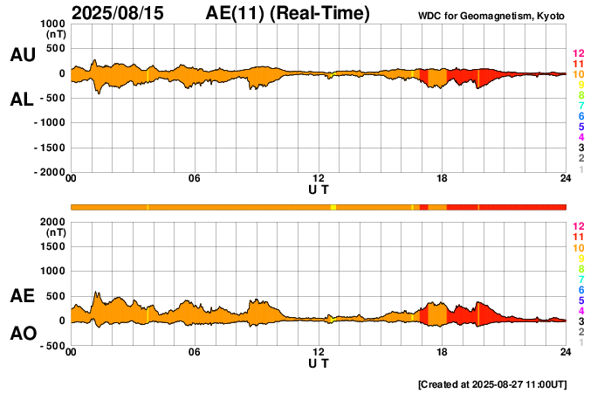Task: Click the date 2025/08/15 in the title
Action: [x=121, y=13]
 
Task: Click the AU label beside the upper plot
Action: [x=22, y=55]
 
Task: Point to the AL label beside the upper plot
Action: [x=22, y=100]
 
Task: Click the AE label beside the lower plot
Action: [x=22, y=297]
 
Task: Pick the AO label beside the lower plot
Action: [x=22, y=334]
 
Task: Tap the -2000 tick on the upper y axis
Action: [x=49, y=173]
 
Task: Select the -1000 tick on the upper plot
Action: [x=49, y=123]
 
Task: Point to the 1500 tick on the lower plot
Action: [x=53, y=246]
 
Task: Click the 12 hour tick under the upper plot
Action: [x=319, y=179]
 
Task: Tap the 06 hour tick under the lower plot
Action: [x=195, y=352]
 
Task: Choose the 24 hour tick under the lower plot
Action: [x=566, y=352]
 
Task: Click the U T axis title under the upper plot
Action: [x=319, y=190]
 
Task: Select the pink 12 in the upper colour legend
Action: [x=578, y=54]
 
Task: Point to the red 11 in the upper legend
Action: [x=578, y=65]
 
